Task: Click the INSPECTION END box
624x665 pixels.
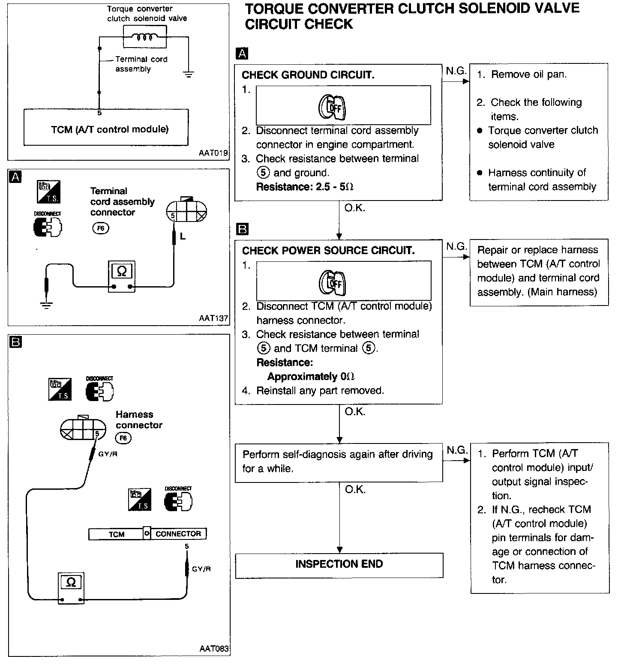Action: (x=339, y=565)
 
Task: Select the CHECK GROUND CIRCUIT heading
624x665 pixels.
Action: (x=308, y=75)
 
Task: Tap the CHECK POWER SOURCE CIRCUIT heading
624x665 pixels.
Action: (x=328, y=251)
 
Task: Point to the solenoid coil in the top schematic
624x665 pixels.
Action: (x=144, y=37)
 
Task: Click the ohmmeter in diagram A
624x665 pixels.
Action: (x=122, y=277)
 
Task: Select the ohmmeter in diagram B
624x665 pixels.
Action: (x=71, y=588)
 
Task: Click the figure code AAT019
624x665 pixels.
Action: (x=213, y=153)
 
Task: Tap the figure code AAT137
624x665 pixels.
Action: (x=213, y=318)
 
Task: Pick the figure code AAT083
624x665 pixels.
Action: (x=214, y=648)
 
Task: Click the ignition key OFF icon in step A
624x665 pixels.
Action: (x=332, y=107)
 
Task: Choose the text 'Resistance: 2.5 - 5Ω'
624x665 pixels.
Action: (x=305, y=187)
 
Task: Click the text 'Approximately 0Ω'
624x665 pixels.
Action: (x=311, y=377)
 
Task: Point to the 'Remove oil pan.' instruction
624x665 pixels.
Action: (x=528, y=75)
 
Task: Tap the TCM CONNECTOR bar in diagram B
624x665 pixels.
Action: (x=147, y=534)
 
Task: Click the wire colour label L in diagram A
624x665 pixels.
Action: (x=183, y=237)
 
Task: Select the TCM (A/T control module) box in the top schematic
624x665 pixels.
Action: (x=110, y=129)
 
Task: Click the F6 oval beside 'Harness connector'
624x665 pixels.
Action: (x=123, y=438)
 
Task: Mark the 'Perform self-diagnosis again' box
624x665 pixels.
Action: (x=339, y=461)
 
